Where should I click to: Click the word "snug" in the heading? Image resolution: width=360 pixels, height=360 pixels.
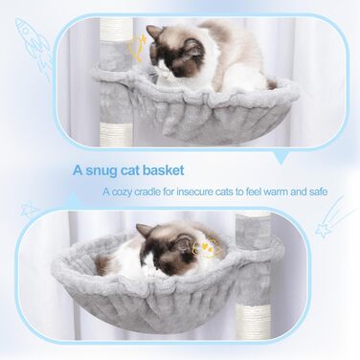101,170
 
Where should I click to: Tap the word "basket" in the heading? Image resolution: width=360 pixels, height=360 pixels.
163,170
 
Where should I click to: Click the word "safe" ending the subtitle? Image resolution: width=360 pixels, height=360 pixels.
318,191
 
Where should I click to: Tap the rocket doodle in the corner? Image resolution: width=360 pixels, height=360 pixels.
34,48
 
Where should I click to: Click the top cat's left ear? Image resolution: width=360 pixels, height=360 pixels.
155,33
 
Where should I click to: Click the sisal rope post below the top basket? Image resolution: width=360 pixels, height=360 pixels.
113,133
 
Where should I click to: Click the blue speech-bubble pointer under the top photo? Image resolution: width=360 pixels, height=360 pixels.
281,157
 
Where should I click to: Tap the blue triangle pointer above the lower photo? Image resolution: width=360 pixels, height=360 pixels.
74,198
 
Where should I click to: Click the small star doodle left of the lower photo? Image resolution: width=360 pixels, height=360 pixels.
29,210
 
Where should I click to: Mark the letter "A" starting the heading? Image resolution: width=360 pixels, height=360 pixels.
79,170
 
